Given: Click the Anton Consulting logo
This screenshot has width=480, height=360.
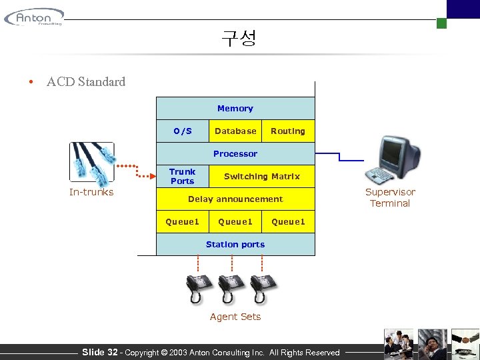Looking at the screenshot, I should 35,17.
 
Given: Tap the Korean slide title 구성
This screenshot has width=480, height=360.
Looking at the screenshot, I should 239,38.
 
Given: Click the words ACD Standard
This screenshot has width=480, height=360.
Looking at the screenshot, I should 86,82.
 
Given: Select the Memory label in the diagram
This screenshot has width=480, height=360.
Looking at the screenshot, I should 235,108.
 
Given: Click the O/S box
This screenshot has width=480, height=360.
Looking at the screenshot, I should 182,131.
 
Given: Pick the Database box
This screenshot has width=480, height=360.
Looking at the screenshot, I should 235,131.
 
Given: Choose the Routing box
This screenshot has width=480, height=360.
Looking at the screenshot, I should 288,131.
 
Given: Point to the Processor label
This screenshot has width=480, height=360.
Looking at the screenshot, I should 235,154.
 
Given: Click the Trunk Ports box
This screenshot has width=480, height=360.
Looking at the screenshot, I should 182,177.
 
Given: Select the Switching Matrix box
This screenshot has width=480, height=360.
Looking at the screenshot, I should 261,177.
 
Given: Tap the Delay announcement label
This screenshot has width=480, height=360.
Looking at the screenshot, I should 235,199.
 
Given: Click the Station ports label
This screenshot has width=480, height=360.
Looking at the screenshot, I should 235,245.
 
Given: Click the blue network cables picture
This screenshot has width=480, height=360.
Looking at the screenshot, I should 92,163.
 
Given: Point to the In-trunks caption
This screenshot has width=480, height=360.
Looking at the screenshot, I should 91,193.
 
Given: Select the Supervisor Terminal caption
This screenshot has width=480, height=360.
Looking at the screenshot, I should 390,198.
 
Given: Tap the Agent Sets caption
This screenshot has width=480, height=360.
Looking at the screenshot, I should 235,317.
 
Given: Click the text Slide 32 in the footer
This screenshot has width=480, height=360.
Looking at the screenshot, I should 99,352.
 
